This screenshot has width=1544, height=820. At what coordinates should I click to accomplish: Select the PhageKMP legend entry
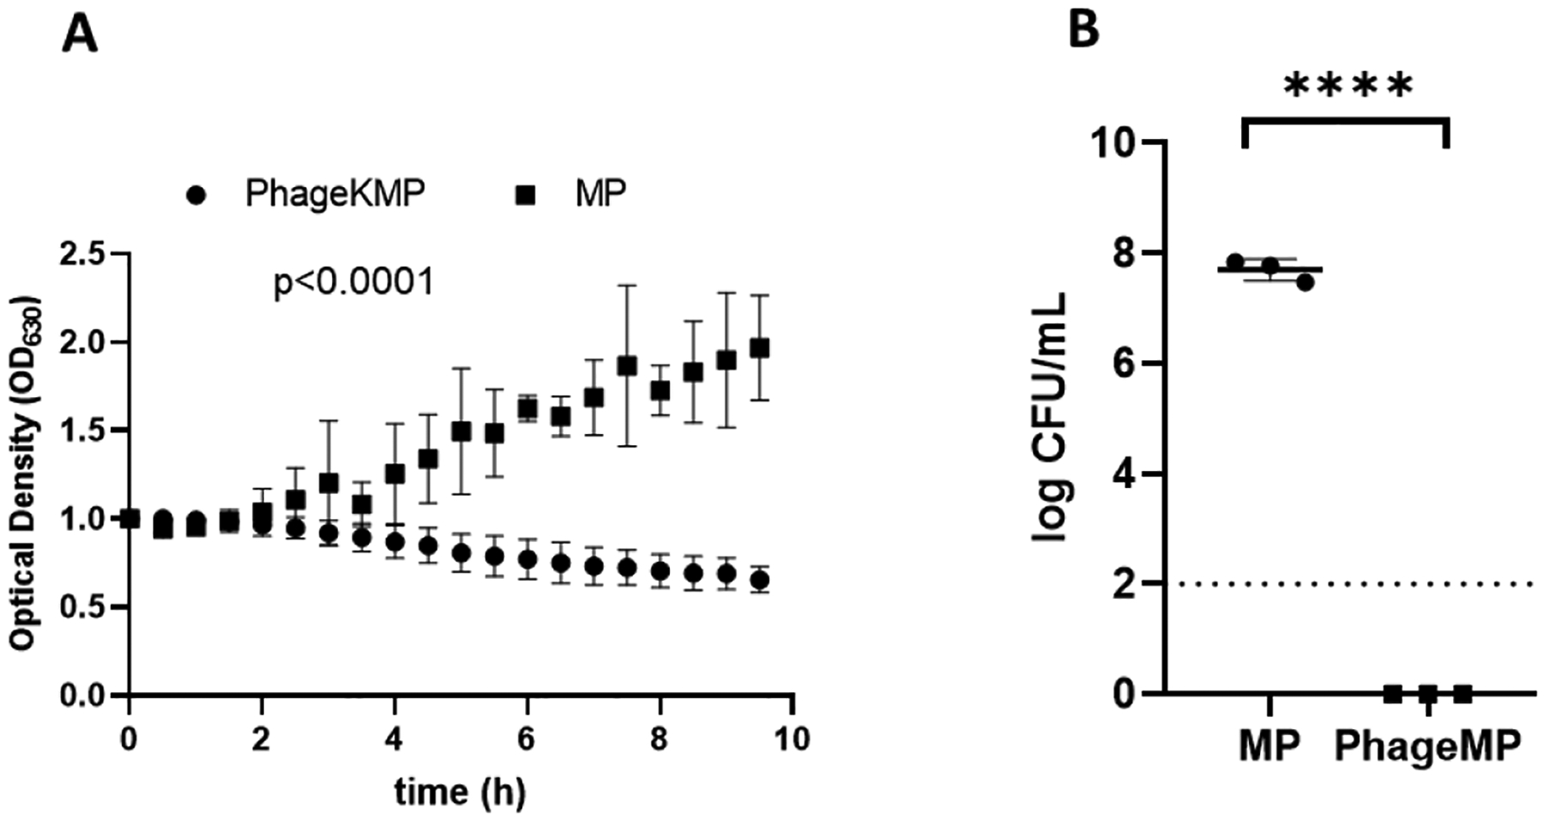coord(335,195)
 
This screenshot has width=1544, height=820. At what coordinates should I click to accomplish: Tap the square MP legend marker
coord(525,196)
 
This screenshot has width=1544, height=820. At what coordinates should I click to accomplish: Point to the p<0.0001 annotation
coord(353,282)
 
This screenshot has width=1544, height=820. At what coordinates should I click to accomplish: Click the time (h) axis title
coord(460,791)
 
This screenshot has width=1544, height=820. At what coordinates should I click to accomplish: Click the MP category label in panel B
coord(1270,745)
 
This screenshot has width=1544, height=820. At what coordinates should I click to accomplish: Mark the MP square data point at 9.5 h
coord(759,348)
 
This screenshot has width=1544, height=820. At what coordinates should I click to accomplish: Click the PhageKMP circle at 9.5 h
coord(759,581)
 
